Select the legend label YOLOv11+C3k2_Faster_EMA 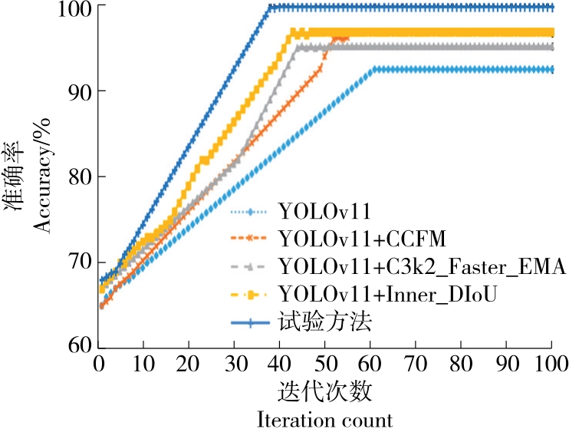(423, 267)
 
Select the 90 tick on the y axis (77, 91)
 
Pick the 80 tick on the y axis (77, 177)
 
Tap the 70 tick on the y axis (77, 262)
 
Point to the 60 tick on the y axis (77, 345)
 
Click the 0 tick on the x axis (98, 363)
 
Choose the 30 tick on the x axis (235, 363)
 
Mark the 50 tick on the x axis (325, 363)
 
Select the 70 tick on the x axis (416, 363)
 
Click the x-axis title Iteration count (325, 418)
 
